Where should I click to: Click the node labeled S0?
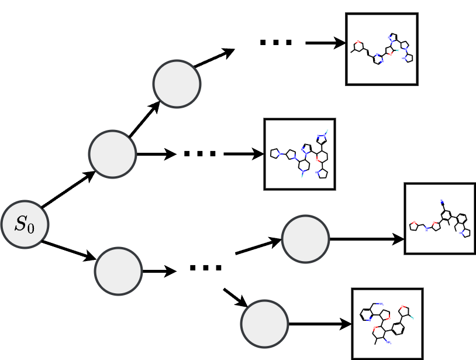(24, 224)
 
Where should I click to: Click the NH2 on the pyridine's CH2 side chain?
(381, 304)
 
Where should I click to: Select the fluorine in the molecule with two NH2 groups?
(413, 318)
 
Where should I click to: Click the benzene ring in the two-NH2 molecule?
(398, 328)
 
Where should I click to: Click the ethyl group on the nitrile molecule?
(455, 228)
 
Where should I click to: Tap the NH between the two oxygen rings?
(426, 229)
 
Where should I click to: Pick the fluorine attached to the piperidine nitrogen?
(302, 176)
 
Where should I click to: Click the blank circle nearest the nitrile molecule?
(305, 239)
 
